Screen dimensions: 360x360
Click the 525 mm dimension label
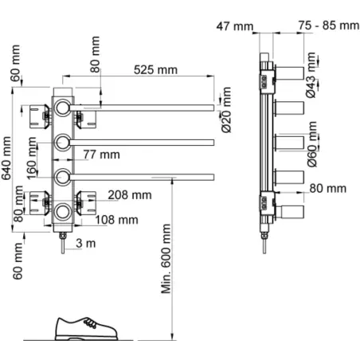(x=155, y=70)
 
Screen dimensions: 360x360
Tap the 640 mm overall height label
(x=6, y=158)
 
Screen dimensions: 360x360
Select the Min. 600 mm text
(x=166, y=259)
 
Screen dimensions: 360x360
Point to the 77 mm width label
(x=101, y=155)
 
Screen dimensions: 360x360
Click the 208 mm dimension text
(x=130, y=195)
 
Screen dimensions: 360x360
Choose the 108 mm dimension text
(x=116, y=220)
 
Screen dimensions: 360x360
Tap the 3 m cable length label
(x=86, y=243)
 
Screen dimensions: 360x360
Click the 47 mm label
(x=235, y=26)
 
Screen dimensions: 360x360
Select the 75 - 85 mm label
(x=329, y=25)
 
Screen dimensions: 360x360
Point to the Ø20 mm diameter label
(x=226, y=110)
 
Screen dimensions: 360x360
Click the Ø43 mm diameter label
(x=311, y=75)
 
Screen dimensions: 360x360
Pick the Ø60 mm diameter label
(x=312, y=144)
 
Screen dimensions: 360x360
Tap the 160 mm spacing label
(x=32, y=158)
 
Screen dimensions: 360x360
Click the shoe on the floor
(x=86, y=329)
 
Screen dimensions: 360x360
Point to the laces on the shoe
(x=90, y=323)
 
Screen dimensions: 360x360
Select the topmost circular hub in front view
(x=63, y=108)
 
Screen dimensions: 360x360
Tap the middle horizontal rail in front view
(x=142, y=143)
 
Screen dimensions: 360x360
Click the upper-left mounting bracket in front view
(x=39, y=117)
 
